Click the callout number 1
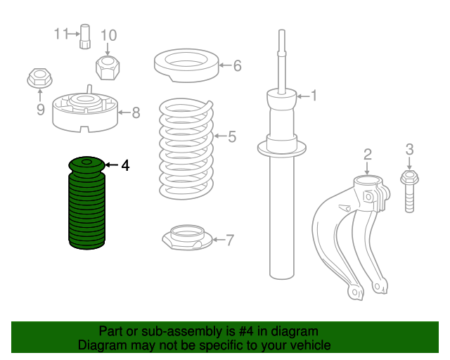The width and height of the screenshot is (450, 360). tap(314, 96)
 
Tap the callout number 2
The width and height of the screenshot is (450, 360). tap(367, 155)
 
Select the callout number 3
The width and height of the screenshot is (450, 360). tap(410, 149)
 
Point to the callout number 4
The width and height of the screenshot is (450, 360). tap(125, 166)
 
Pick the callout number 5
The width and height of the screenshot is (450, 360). tap(232, 136)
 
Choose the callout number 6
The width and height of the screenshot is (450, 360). tap(237, 66)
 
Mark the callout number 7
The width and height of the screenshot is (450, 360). tap(230, 240)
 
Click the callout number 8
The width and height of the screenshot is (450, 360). tap(136, 112)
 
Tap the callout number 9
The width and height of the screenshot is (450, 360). tap(40, 109)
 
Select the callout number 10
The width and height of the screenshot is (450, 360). tap(108, 35)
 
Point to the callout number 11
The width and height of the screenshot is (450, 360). tap(60, 33)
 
